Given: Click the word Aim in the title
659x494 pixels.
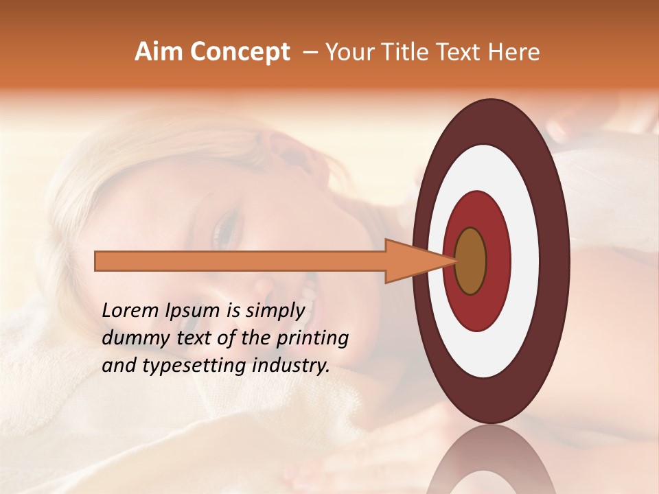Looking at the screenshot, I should pos(159,52).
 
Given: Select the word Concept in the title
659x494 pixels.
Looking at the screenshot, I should pos(240,52).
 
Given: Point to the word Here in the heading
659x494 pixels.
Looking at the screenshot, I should pos(514,52).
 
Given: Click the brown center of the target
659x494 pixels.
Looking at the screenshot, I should pos(470,261).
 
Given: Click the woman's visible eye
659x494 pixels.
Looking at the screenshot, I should pos(226,231).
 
